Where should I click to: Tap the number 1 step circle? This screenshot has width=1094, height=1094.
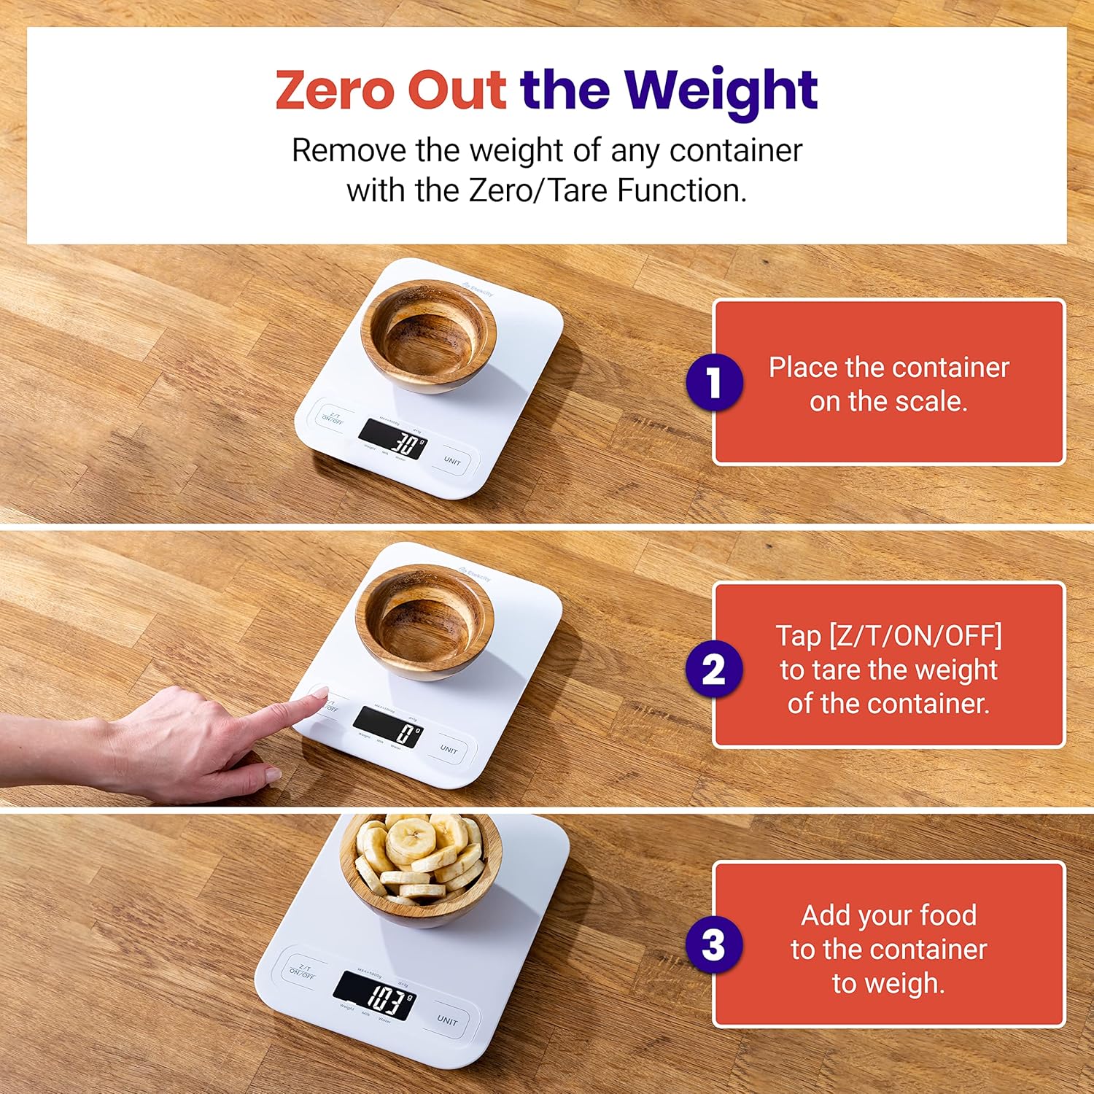coord(714,382)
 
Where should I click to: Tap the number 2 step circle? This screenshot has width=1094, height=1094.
coord(714,670)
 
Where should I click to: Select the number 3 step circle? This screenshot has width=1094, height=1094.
coord(714,944)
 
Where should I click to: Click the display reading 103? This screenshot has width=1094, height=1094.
coord(375,996)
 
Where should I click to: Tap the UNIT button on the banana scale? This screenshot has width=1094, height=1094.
coord(447,1020)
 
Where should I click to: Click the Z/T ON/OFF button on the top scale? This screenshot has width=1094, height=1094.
coord(333,418)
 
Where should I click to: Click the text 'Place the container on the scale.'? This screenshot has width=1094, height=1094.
coord(888,384)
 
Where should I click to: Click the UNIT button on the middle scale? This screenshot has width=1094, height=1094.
coord(449,749)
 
